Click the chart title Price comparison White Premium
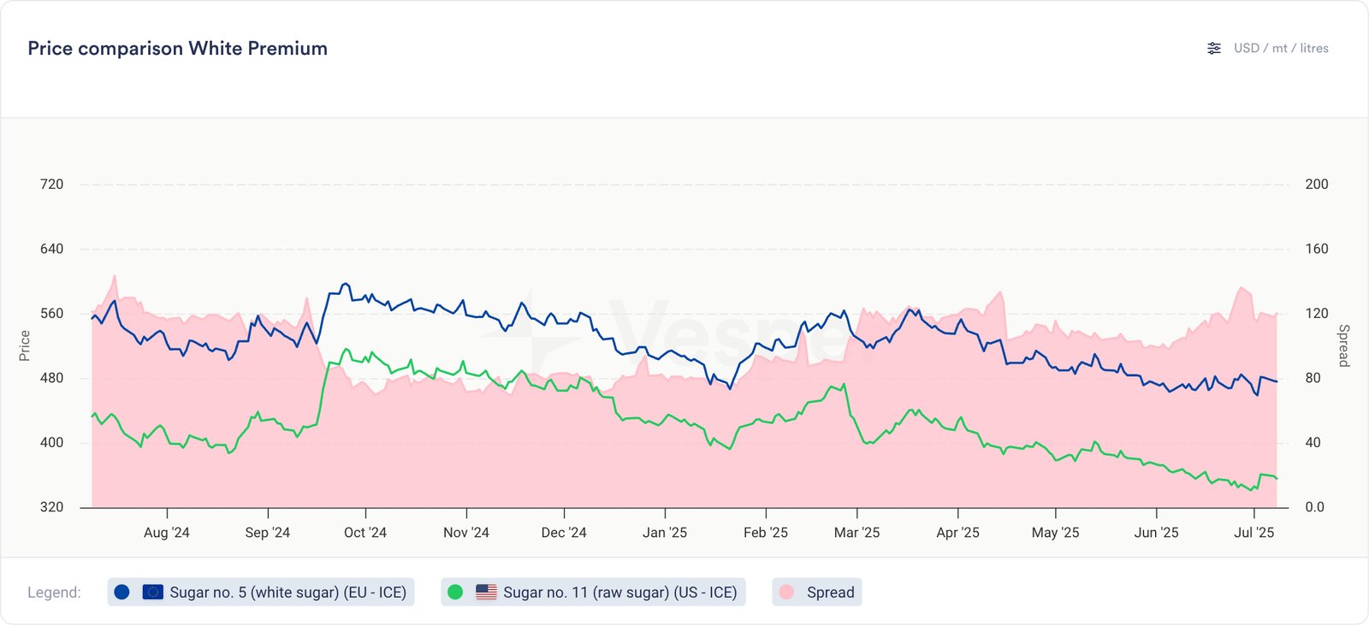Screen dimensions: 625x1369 (177, 49)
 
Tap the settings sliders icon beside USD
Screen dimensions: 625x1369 (1214, 49)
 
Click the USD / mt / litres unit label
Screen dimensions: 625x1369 (1281, 49)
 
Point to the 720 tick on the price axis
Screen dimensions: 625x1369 (51, 185)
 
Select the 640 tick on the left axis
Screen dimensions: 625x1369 (51, 249)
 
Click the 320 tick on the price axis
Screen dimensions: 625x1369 (51, 507)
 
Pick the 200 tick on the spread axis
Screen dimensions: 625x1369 (1317, 185)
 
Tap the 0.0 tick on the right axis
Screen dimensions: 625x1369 (1315, 507)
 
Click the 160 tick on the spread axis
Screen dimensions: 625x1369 (1317, 249)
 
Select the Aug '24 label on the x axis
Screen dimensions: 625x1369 (167, 533)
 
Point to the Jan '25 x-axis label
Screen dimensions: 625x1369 (665, 533)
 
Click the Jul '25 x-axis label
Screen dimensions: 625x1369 (1253, 533)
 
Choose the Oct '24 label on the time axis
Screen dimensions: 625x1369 (365, 533)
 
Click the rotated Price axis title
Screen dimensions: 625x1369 (25, 345)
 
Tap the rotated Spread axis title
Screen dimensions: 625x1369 (1343, 345)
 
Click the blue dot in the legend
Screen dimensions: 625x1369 (121, 592)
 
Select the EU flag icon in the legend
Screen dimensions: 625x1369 (153, 592)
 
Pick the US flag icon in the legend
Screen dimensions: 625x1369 (486, 592)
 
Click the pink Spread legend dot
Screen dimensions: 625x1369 (786, 592)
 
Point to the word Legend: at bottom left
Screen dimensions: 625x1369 (54, 593)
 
